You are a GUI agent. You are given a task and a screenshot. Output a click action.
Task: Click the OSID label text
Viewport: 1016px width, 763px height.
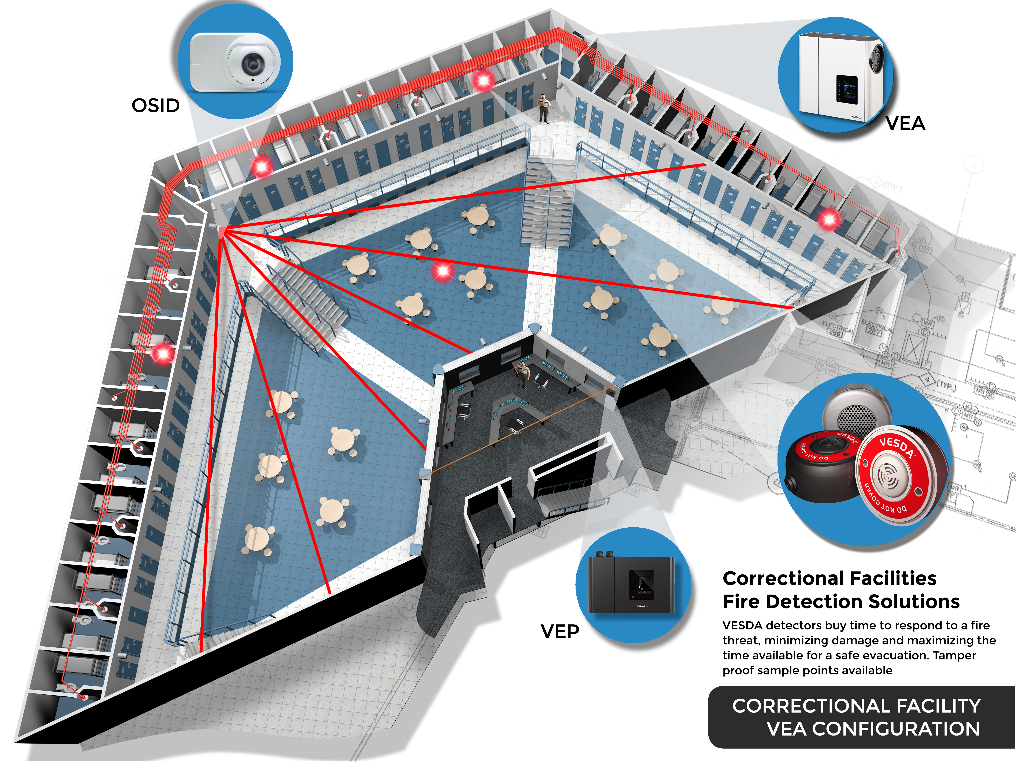155,106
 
